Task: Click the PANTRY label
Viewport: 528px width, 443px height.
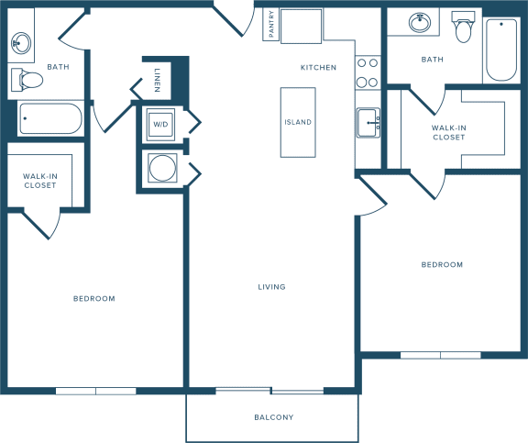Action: tap(271, 24)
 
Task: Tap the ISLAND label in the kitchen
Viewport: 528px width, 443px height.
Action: tap(298, 122)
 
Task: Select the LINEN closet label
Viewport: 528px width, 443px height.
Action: tap(158, 80)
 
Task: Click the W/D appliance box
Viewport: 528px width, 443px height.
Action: tap(160, 125)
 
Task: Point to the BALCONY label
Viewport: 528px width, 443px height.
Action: tap(274, 417)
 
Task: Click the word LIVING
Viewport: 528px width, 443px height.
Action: tap(271, 287)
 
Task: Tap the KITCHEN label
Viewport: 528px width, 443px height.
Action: tap(318, 68)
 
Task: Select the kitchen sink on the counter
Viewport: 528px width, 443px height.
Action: tap(368, 123)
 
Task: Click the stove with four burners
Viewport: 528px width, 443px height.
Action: tap(368, 72)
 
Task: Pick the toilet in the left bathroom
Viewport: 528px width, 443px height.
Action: tap(27, 80)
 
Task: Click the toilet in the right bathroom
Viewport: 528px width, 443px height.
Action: tap(463, 27)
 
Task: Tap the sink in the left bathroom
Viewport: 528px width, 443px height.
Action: tap(21, 43)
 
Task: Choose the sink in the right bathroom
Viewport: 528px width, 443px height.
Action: tap(420, 23)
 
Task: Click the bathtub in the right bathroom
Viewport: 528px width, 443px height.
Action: tap(501, 50)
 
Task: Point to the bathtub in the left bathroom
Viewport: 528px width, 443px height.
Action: tap(50, 118)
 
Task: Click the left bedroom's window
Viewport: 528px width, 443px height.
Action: tap(95, 391)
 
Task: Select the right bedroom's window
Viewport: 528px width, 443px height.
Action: tap(440, 355)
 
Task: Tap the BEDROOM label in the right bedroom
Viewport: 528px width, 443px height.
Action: tap(442, 265)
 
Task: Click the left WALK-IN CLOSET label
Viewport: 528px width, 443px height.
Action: tap(40, 181)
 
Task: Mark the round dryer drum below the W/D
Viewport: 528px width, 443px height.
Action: tap(162, 168)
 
